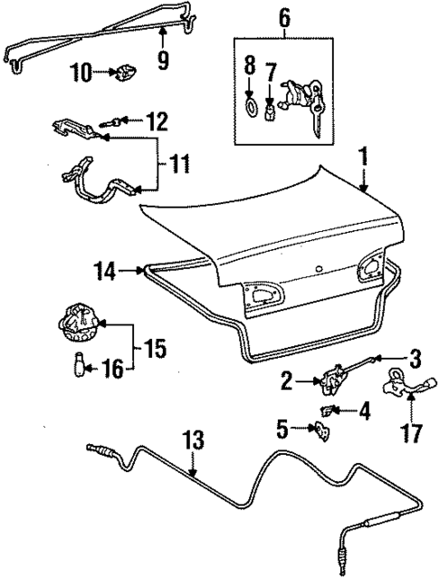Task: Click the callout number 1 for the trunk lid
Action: click(363, 159)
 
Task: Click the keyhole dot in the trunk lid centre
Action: click(319, 269)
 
